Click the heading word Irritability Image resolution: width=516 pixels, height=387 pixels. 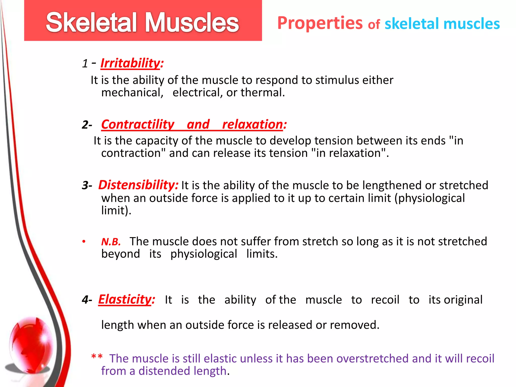pos(130,63)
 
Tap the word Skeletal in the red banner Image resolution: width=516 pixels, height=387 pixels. pos(91,23)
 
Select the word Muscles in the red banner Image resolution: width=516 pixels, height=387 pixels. pos(192,23)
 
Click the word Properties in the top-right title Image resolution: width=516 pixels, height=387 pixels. pos(320,23)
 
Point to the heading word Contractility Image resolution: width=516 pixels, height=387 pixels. pos(138,124)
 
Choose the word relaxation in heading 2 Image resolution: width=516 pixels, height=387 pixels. pos(253,124)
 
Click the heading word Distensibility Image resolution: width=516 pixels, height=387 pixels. pos(138,185)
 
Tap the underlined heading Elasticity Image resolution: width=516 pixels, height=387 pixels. pos(125,300)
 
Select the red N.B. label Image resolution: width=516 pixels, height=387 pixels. pos(111,242)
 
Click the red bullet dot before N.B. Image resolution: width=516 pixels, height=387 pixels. pos(84,242)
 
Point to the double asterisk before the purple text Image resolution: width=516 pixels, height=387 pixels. pos(97,357)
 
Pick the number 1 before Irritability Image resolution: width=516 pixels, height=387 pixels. pos(85,63)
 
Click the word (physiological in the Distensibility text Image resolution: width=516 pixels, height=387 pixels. pos(429,198)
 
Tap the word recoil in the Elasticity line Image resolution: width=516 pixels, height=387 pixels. pos(385,300)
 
